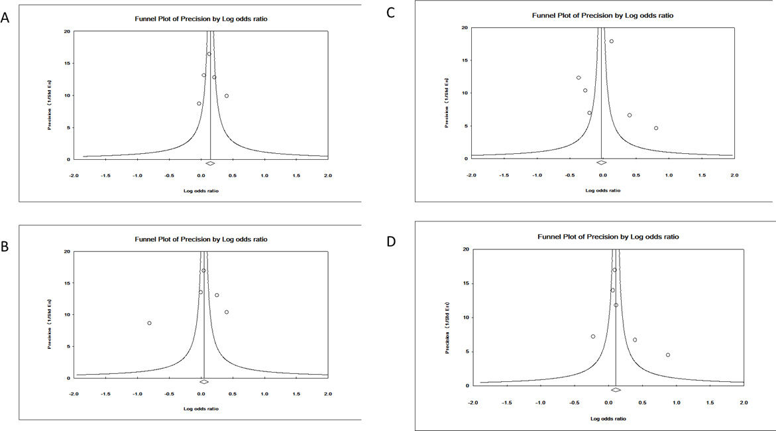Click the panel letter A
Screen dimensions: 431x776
6,19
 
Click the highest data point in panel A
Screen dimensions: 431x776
209,54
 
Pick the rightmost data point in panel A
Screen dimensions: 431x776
227,96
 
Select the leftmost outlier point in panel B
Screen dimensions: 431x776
149,323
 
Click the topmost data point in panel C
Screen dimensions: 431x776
612,41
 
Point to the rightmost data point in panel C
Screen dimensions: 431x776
656,128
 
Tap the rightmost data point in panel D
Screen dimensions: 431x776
668,355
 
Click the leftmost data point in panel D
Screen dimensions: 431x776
593,336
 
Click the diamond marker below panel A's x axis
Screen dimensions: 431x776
210,163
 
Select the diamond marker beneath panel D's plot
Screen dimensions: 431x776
616,390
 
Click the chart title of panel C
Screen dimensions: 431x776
602,15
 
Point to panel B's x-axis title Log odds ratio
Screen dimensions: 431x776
201,408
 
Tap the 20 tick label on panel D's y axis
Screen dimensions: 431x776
465,249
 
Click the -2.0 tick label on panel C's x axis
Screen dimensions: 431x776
471,175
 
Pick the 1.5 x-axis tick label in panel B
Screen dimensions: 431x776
296,394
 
